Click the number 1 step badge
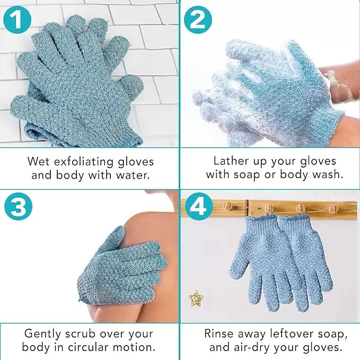(17, 20)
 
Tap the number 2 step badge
(198, 20)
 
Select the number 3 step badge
(18, 206)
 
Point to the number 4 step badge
(199, 206)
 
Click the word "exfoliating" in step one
(84, 161)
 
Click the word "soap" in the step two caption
(247, 175)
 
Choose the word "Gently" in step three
(42, 334)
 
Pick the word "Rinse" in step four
(219, 333)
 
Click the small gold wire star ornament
(196, 298)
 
